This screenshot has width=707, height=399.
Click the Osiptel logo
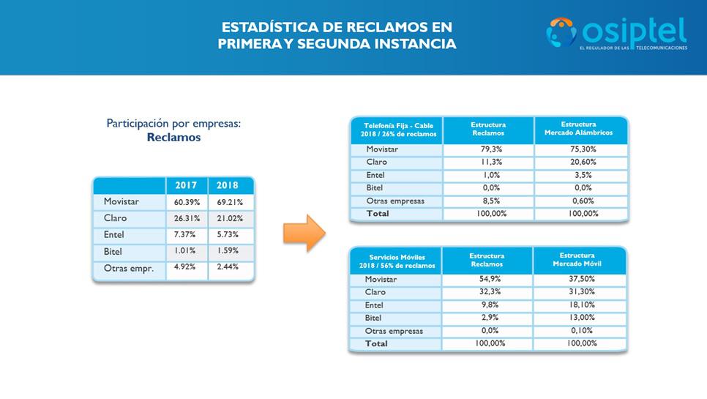pyautogui.click(x=616, y=33)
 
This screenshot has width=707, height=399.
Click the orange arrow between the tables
pyautogui.click(x=304, y=234)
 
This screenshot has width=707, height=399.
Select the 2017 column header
pyautogui.click(x=186, y=185)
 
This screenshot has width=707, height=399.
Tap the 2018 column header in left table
pyautogui.click(x=230, y=185)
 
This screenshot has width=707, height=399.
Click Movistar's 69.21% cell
pyautogui.click(x=230, y=201)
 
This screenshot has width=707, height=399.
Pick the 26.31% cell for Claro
pyautogui.click(x=187, y=218)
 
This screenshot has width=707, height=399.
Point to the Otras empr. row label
pyautogui.click(x=129, y=269)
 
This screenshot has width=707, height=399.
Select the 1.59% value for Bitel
pyautogui.click(x=230, y=252)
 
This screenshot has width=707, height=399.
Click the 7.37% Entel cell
pyautogui.click(x=187, y=235)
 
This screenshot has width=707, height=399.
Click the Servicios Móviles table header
pyautogui.click(x=395, y=261)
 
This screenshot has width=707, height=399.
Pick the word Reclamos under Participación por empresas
pyautogui.click(x=173, y=138)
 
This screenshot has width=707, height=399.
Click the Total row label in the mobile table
pyautogui.click(x=378, y=343)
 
